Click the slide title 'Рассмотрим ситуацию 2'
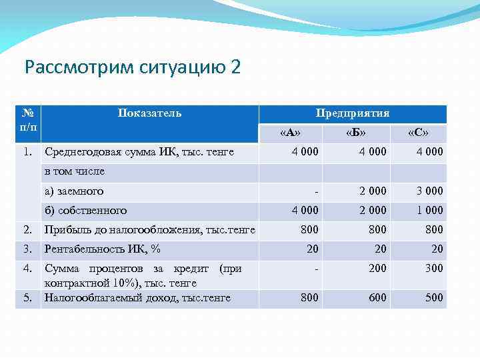pos(131,67)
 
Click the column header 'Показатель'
pos(149,113)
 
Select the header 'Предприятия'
pos(353,113)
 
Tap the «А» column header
pos(290,133)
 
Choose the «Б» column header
pos(356,133)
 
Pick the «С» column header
pos(418,133)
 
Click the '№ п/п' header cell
pos(29,119)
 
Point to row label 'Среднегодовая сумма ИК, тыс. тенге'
pos(139,152)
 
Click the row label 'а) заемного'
pos(73,191)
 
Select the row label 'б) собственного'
pos(85,211)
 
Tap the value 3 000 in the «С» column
pos(429,191)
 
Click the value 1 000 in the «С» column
pos(429,211)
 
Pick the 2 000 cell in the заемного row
pos(373,191)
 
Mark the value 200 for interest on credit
pos(377,269)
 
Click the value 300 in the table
pos(434,269)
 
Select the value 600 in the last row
pos(377,298)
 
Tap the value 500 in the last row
pos(434,298)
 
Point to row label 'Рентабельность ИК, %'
pos(102,249)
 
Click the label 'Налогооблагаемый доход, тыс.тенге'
pos(137,298)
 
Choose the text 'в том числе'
pos(74,172)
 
